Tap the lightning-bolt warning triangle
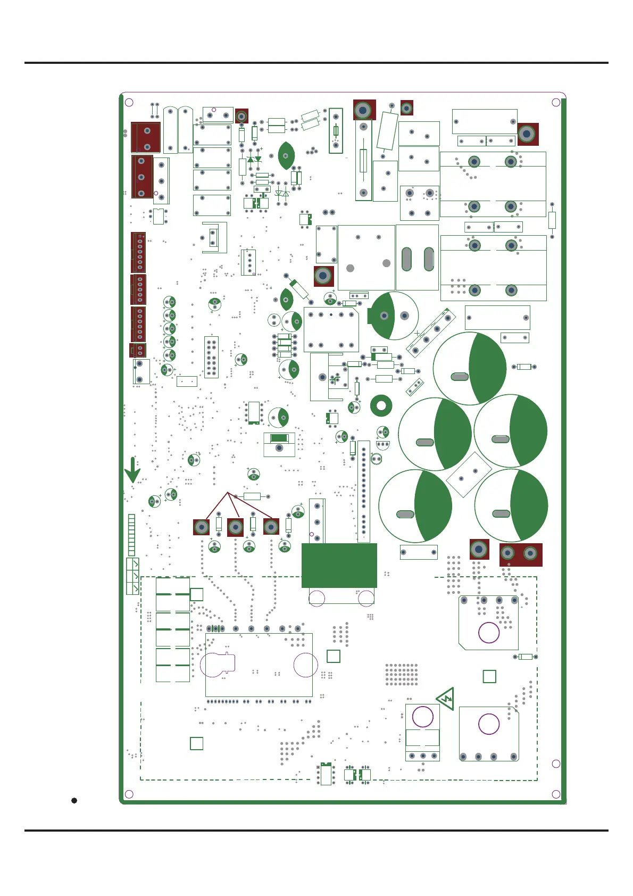click(446, 698)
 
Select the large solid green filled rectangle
click(339, 565)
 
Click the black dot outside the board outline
click(74, 800)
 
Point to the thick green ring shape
click(381, 406)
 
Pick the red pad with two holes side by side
click(520, 554)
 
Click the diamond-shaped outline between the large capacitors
click(469, 475)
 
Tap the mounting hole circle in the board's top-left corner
click(129, 102)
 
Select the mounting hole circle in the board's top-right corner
click(556, 102)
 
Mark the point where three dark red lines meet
click(228, 493)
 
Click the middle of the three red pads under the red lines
click(235, 527)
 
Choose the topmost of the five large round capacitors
click(470, 368)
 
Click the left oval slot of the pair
click(406, 259)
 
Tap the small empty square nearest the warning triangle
click(489, 676)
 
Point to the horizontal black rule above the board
click(316, 63)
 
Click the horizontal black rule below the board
click(316, 830)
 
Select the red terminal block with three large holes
click(142, 177)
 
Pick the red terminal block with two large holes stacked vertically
click(146, 137)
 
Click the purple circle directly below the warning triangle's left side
click(423, 716)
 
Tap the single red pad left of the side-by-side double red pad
click(479, 549)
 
